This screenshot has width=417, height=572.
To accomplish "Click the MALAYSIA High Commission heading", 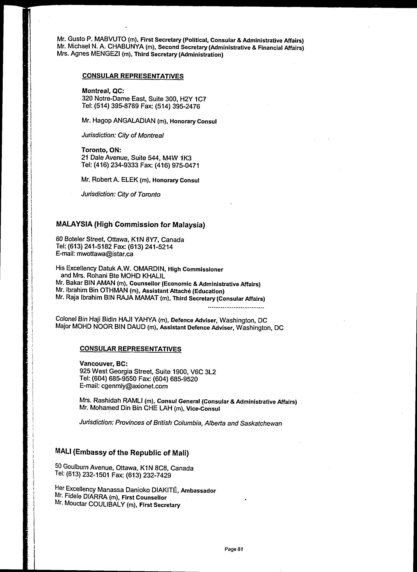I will (x=130, y=224).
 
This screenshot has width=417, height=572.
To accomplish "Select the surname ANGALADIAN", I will (x=134, y=121).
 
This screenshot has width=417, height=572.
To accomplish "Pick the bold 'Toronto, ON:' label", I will (x=101, y=150).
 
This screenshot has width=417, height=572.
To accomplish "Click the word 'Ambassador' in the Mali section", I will (x=198, y=491).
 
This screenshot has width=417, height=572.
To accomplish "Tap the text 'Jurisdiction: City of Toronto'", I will (x=121, y=194).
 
